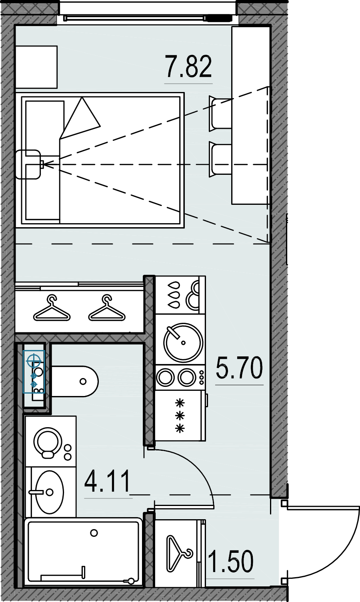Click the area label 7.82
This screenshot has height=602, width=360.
coord(188,66)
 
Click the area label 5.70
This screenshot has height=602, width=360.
coord(239,367)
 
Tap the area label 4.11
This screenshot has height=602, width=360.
coord(107,481)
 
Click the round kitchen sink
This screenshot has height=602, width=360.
coord(183,342)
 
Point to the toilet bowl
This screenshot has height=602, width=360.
coord(75,381)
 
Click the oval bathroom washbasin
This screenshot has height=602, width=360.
coord(50,492)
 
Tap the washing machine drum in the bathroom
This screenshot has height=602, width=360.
coord(48,441)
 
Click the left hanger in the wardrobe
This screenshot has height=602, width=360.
coord(52,308)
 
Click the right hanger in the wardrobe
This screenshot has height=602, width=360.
coord(107,308)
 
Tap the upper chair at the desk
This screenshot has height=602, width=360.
coord(220,113)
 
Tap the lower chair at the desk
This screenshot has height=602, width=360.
coord(220,159)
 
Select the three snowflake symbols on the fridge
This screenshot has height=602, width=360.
coord(180,416)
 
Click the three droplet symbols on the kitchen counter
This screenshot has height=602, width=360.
coord(174,295)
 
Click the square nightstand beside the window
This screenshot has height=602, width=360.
coord(36,67)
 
